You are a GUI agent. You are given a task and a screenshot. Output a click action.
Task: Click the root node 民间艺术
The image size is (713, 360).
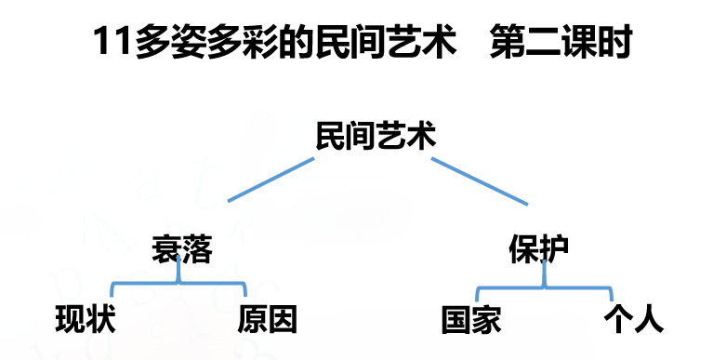(376, 138)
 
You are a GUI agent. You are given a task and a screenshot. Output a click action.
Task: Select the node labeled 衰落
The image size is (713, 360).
(182, 249)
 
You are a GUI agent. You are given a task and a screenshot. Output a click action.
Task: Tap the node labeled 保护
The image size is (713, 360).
(539, 249)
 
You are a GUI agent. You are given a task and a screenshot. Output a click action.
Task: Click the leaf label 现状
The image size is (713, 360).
(86, 320)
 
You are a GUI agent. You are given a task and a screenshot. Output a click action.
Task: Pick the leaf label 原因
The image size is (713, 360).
(268, 320)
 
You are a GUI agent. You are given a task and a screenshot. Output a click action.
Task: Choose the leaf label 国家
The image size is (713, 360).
(471, 320)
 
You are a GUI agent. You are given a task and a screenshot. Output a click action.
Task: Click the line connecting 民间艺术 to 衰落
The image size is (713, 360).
(271, 180)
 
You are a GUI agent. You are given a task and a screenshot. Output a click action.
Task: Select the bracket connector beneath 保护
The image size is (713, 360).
(542, 285)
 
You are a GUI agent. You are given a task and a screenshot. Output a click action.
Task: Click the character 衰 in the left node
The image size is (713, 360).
(167, 249)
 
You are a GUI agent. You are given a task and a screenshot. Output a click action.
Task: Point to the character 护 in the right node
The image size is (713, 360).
(554, 249)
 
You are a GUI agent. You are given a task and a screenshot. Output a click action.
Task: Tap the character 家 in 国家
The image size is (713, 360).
(486, 320)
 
